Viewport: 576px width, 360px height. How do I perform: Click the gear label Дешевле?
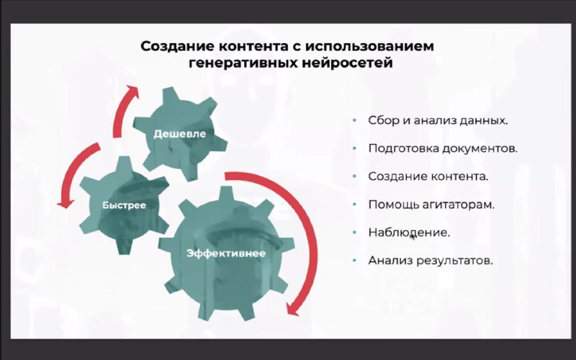point(179,134)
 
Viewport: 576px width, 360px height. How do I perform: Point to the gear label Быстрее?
point(124,205)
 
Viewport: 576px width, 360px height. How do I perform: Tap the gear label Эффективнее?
point(226,253)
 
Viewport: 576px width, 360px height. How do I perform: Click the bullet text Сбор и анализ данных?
point(438,120)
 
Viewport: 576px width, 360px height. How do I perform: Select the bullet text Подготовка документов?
point(443,148)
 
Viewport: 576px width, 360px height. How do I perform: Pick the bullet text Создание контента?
point(428,176)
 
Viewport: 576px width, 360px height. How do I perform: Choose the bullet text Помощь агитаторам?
point(431,204)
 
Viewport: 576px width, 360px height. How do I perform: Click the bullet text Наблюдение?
point(409,233)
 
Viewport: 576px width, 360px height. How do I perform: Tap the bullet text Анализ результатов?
point(431,261)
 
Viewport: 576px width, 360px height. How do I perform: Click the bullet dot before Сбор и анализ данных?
point(354,120)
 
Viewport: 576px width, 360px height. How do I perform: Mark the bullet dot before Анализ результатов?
point(354,261)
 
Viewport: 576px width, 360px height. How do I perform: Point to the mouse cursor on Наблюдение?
point(413,236)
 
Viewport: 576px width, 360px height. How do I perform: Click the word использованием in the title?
point(369,47)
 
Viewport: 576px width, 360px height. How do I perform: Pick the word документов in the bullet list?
point(480,148)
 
